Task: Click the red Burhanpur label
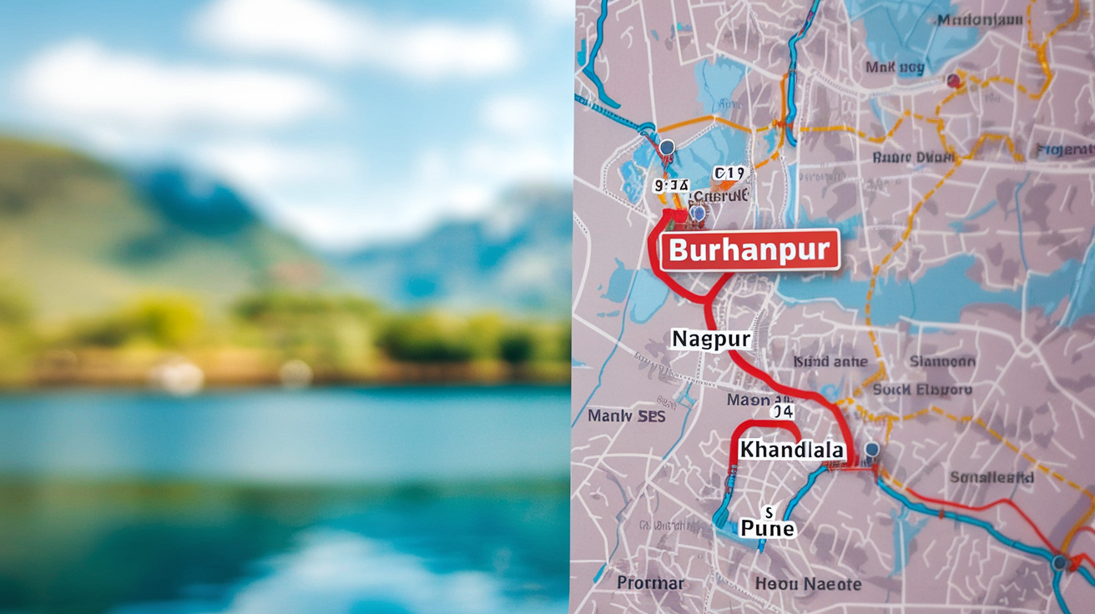[x=749, y=249]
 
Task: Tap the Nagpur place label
[x=711, y=339]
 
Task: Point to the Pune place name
[x=767, y=528]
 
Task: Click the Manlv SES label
[x=627, y=415]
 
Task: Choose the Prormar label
[x=650, y=583]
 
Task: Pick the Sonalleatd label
[x=992, y=477]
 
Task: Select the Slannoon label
[x=941, y=362]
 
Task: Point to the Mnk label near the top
[x=895, y=67]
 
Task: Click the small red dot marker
[x=953, y=81]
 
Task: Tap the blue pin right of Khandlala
[x=871, y=451]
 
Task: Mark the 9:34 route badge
[x=672, y=184]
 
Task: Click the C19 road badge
[x=729, y=174]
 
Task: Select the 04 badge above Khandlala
[x=782, y=411]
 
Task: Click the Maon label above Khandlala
[x=755, y=400]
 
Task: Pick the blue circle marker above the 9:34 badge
[x=666, y=148]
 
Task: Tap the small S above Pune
[x=769, y=510]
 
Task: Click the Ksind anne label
[x=830, y=362]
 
